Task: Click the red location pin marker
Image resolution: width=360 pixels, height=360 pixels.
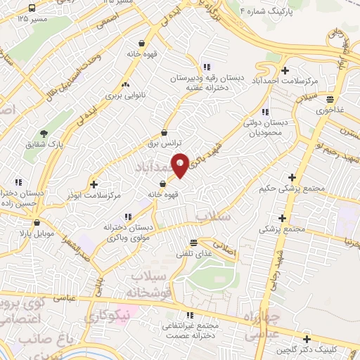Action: coord(180,165)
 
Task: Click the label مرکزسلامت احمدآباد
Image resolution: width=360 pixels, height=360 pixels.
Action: coord(284,82)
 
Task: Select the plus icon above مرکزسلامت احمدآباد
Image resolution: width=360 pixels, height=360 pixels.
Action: coord(285,70)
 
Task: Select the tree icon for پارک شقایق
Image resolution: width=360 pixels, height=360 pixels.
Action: coord(44,133)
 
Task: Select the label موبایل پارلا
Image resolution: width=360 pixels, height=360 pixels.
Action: coord(31,232)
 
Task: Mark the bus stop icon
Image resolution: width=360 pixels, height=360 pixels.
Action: coord(32,8)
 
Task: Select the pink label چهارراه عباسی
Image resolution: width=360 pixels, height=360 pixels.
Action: coord(262,327)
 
